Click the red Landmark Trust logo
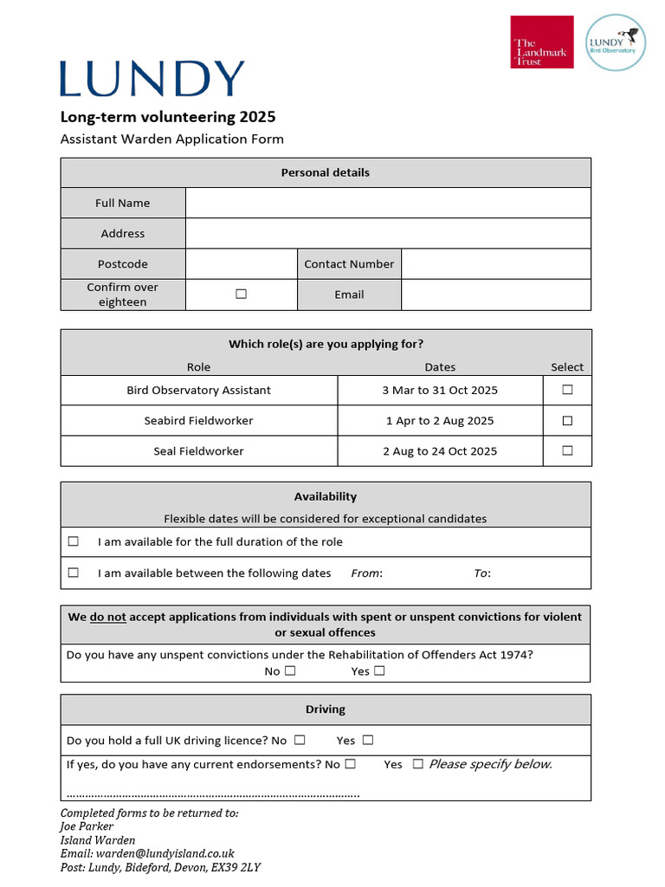(541, 42)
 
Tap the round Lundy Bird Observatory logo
(616, 42)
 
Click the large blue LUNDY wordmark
(152, 79)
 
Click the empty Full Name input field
(387, 203)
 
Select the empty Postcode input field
(241, 264)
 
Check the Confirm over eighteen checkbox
(241, 294)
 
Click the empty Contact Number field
(495, 264)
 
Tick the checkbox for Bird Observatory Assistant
(567, 390)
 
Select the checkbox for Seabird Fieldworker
(567, 420)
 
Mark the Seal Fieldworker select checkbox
(567, 450)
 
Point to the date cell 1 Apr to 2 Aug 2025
(440, 420)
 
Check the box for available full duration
(74, 541)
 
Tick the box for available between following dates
(74, 573)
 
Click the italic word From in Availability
(365, 573)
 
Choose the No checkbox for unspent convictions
(290, 670)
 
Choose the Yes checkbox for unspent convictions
(379, 670)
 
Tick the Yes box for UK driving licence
(368, 740)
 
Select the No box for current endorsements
(350, 764)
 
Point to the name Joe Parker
(87, 825)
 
